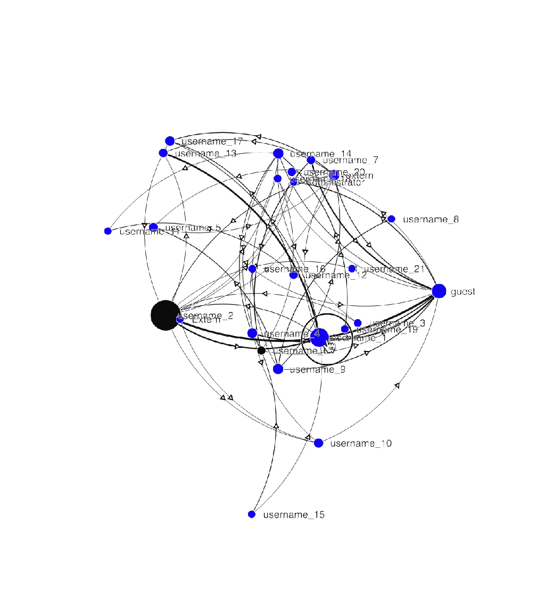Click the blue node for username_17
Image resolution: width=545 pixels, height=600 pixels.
170,141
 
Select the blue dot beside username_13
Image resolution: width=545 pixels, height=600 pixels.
163,153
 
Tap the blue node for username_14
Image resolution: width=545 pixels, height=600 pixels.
278,153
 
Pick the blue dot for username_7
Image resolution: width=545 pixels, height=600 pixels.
311,160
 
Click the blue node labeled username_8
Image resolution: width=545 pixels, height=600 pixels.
391,219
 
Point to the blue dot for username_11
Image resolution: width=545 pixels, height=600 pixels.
108,231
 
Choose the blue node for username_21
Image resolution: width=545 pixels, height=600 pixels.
352,269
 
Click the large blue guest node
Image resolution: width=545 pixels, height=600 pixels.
439,291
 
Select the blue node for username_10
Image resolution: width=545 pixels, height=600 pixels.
318,443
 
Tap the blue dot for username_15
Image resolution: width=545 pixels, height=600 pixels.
252,514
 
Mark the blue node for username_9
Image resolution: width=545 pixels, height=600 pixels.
278,369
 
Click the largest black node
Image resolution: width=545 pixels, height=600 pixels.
165,315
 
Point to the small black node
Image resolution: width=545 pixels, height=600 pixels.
261,351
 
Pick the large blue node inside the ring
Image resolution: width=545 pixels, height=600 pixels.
319,337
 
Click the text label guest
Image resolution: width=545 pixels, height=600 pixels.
463,291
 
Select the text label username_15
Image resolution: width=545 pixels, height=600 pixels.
294,515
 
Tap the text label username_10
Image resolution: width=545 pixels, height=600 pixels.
361,444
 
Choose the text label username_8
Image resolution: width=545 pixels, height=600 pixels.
430,219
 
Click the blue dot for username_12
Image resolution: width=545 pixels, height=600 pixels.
294,275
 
